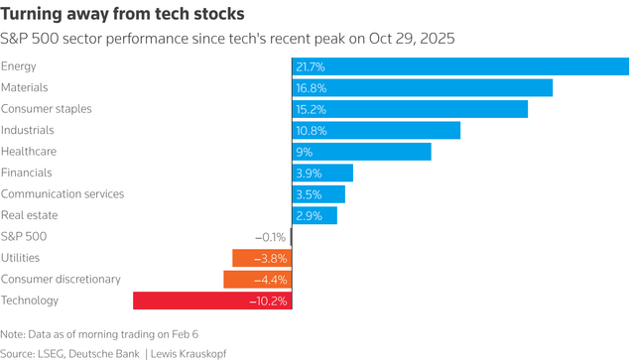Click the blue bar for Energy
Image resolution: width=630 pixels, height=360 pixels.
pyautogui.click(x=460, y=66)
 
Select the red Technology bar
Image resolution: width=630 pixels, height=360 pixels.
pyautogui.click(x=211, y=300)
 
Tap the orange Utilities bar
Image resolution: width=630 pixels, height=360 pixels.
pyautogui.click(x=261, y=258)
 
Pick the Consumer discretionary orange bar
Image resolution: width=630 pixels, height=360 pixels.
pyautogui.click(x=257, y=280)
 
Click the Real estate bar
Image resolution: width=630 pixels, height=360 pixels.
pyautogui.click(x=315, y=215)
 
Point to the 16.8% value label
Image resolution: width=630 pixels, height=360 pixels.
pyautogui.click(x=311, y=88)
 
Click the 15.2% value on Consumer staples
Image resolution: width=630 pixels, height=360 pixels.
pyautogui.click(x=311, y=109)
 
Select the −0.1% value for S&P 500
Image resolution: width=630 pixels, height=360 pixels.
pyautogui.click(x=270, y=237)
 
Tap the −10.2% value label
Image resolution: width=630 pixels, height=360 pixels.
pyautogui.click(x=267, y=300)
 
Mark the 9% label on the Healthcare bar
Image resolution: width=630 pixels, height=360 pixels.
pyautogui.click(x=305, y=152)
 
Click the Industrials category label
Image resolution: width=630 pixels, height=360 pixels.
pyautogui.click(x=28, y=130)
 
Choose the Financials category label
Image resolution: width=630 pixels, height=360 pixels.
pyautogui.click(x=27, y=173)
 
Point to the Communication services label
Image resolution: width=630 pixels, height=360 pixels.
pyautogui.click(x=63, y=194)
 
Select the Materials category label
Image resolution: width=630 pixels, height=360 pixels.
pyautogui.click(x=25, y=88)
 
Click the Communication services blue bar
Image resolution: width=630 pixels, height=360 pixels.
pyautogui.click(x=318, y=194)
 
